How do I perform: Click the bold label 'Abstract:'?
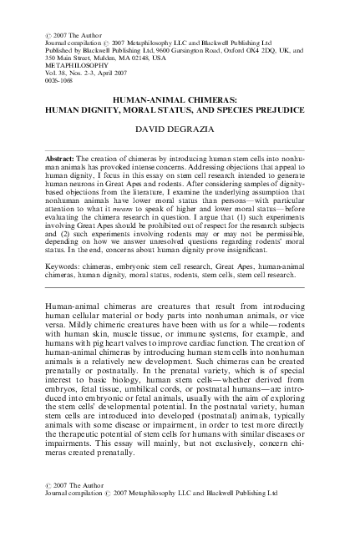[69, 157]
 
